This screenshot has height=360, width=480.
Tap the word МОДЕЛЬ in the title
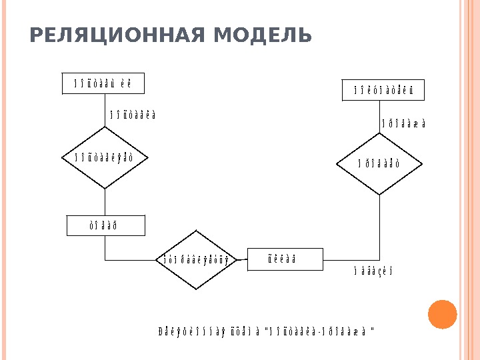[x=263, y=35]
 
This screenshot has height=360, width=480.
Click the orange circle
[x=441, y=314]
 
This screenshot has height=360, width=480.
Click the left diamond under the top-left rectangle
[x=105, y=157]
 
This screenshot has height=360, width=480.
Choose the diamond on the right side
[x=379, y=163]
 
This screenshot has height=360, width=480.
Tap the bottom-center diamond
[x=196, y=259]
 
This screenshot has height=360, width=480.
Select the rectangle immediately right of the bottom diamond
[x=285, y=259]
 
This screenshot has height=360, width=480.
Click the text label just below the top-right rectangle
[x=403, y=124]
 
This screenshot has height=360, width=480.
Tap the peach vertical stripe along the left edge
[x=3, y=180]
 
